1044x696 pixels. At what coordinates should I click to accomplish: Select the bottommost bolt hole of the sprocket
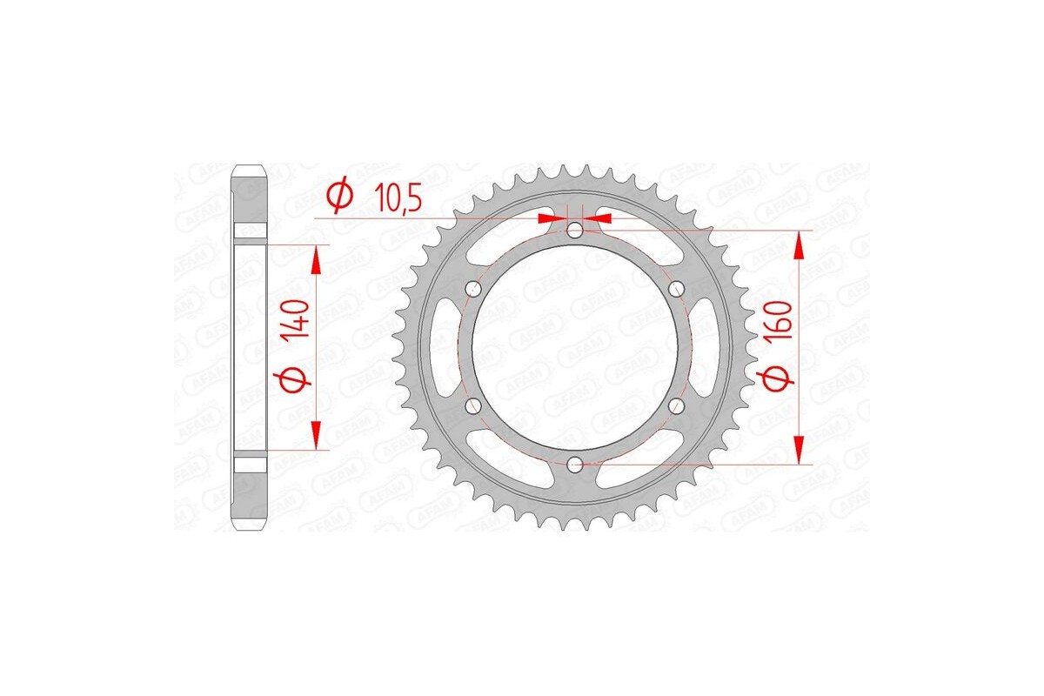tap(575, 465)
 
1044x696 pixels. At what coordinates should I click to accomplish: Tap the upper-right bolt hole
tap(678, 288)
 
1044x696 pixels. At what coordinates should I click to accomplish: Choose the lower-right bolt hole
tap(678, 406)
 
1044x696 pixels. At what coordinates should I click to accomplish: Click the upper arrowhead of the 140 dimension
tap(316, 258)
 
